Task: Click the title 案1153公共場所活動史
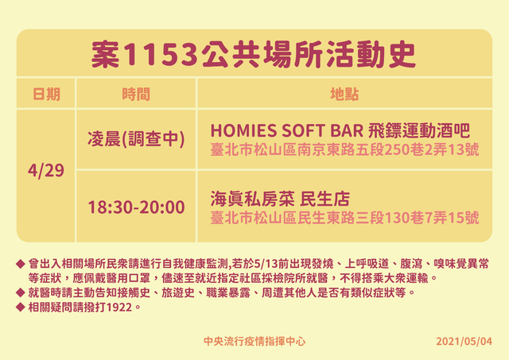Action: tap(254, 55)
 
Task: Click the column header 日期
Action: tap(46, 95)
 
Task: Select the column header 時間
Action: tap(136, 95)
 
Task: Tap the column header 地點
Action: tap(344, 95)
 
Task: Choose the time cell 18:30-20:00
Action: tap(136, 207)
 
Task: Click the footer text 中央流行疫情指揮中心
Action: tap(254, 342)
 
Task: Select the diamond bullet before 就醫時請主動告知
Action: tap(20, 292)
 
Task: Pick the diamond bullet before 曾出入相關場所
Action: tap(20, 263)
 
